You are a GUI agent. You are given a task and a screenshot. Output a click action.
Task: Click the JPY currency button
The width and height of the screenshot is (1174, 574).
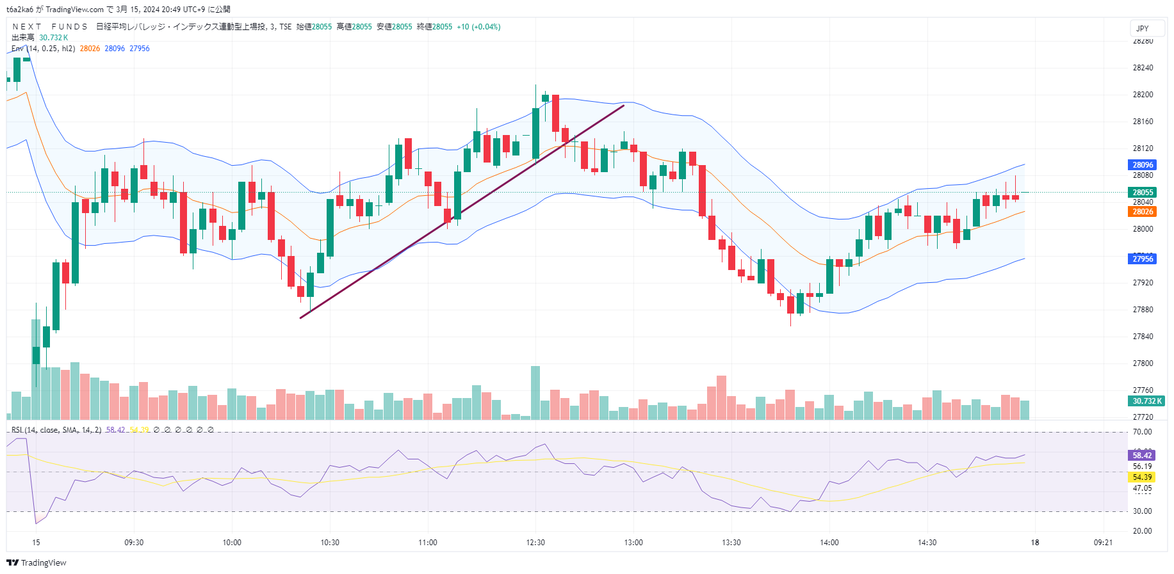coord(1142,28)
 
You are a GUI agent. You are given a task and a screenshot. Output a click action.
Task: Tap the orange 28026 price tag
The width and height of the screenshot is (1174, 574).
coord(1142,212)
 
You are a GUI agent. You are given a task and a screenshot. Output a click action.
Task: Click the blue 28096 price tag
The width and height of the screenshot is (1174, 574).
coord(1142,165)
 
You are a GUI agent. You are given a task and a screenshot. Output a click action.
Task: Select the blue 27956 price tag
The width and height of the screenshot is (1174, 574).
coord(1142,259)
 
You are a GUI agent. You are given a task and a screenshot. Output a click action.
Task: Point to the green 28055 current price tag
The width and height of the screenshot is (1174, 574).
coord(1142,193)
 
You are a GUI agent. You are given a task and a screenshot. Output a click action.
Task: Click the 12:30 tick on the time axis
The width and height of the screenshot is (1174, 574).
coord(535,543)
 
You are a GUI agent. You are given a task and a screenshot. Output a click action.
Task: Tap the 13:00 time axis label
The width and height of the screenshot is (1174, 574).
coord(633,543)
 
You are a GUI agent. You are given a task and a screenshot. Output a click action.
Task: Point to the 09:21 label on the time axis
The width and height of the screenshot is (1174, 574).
coord(1103,543)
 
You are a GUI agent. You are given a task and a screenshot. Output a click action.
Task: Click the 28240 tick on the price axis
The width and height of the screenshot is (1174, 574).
coord(1143,68)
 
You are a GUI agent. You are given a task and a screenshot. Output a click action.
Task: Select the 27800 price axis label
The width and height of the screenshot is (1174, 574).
coord(1143,363)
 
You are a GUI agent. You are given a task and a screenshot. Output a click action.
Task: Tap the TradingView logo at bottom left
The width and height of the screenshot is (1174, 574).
coord(37,562)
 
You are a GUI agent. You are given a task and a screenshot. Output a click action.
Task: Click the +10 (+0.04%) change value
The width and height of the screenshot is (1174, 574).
coord(478,27)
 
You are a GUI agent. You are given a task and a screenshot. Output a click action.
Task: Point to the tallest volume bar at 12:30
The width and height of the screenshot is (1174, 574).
coord(535,392)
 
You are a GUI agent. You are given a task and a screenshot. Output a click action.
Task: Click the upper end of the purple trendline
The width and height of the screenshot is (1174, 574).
coord(623,106)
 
